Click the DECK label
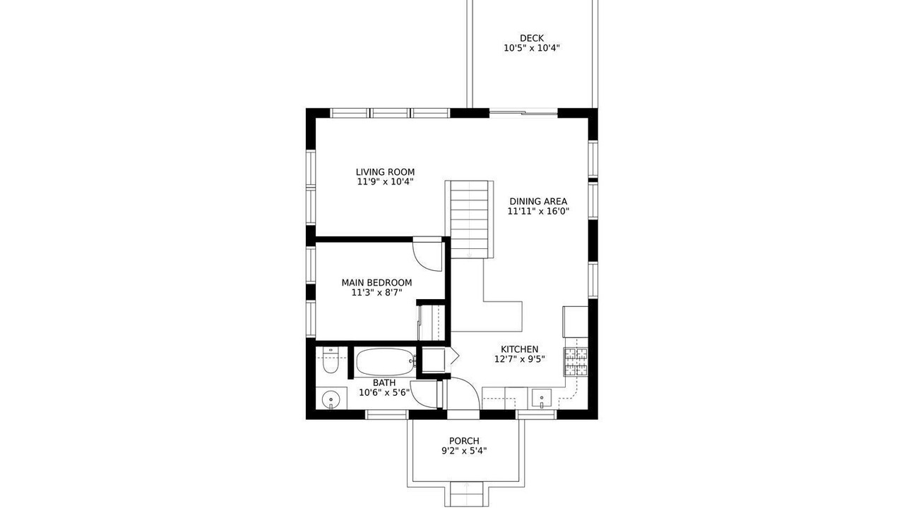pos(532,38)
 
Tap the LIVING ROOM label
pos(385,172)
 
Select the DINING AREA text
pos(538,201)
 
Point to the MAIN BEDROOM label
pos(376,283)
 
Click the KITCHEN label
pos(519,349)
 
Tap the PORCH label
pos(464,441)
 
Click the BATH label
pos(384,382)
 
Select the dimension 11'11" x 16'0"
pos(538,211)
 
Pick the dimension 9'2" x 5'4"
pos(464,451)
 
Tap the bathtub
pos(386,362)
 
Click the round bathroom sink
pos(331,399)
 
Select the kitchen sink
pos(542,399)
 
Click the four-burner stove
pos(576,362)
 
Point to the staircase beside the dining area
pos(470,219)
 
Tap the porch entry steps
pos(466,494)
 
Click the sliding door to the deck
pos(523,113)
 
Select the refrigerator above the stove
pos(576,322)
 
